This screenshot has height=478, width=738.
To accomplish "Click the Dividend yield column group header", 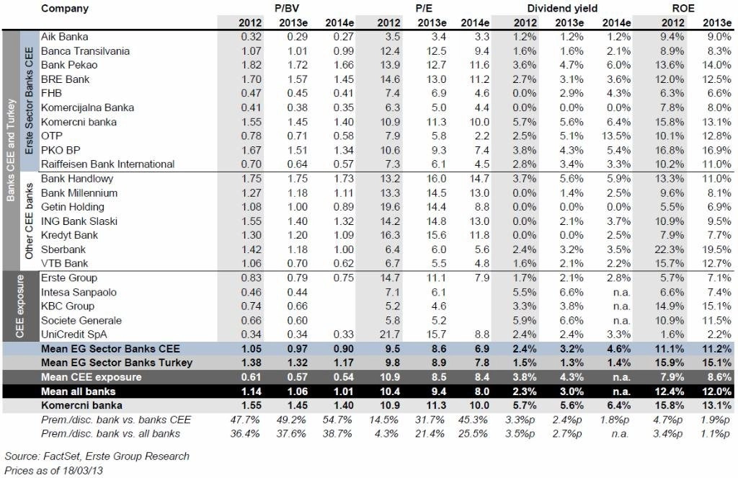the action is tap(562, 9).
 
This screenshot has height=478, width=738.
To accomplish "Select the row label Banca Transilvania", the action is tap(85, 51).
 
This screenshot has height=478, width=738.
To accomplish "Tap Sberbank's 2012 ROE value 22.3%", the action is tap(669, 249).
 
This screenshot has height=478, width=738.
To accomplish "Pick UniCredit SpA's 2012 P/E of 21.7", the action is tap(388, 335).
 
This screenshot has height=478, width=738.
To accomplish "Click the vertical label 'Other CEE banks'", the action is tap(29, 221).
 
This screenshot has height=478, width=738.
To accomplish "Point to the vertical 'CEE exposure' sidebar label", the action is tap(19, 306).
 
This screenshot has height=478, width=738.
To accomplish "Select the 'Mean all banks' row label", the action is tap(78, 391).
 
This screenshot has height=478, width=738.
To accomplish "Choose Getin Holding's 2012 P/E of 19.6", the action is tap(388, 207).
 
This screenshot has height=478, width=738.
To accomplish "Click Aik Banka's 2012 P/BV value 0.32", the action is tap(251, 37).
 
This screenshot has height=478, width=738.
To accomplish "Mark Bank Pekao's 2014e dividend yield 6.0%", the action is tap(618, 65).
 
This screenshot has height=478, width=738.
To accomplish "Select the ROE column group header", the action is tap(683, 9).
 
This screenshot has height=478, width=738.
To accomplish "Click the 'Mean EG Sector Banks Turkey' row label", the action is tap(117, 363).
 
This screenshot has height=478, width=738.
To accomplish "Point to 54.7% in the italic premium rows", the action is tap(337, 420).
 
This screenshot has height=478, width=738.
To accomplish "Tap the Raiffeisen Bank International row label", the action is tap(108, 164).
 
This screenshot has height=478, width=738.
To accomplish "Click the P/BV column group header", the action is tap(287, 9).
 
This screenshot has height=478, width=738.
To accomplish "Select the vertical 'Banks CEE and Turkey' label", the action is tap(10, 150).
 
